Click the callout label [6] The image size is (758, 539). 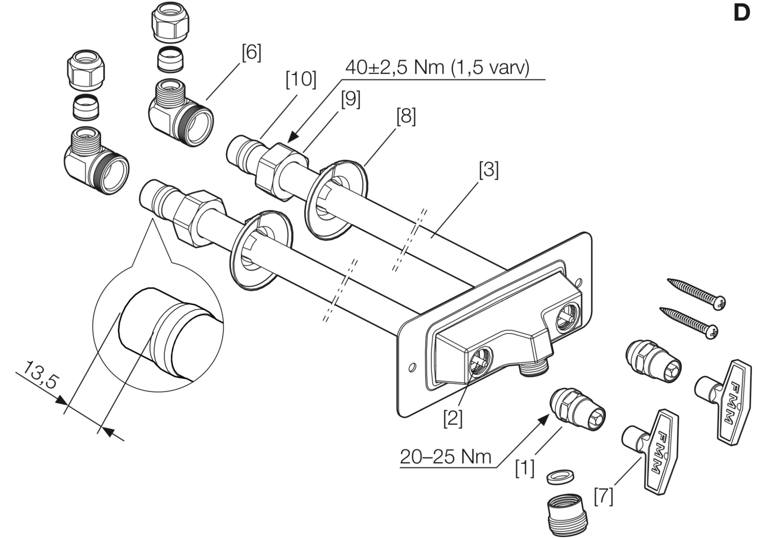pyautogui.click(x=252, y=53)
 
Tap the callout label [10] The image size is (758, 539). pyautogui.click(x=301, y=80)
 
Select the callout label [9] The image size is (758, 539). pyautogui.click(x=351, y=100)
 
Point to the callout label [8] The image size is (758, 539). pyautogui.click(x=406, y=117)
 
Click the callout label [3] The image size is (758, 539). pyautogui.click(x=489, y=170)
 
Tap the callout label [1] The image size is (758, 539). pyautogui.click(x=525, y=468)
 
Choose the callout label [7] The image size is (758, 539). pyautogui.click(x=604, y=497)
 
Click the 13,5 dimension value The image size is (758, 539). pyautogui.click(x=40, y=375)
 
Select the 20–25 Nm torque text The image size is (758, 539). pyautogui.click(x=445, y=457)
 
